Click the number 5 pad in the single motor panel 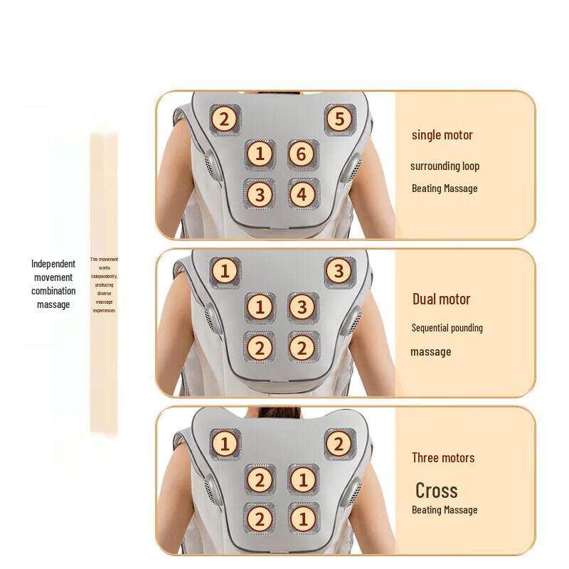tap(339, 119)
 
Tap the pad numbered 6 tap(302, 154)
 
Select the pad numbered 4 tap(302, 193)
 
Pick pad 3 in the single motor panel tap(260, 193)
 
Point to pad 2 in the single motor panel tap(225, 119)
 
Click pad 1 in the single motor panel tap(260, 154)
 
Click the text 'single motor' tap(442, 135)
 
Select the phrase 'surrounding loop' tap(445, 166)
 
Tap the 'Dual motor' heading tap(441, 299)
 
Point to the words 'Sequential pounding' tap(447, 328)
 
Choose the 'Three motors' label tap(442, 457)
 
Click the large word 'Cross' tap(436, 490)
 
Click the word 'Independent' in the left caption tap(53, 264)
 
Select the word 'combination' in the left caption tap(53, 291)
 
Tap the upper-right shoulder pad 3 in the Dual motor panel tap(339, 271)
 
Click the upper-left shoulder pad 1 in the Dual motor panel tap(225, 271)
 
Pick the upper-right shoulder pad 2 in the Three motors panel tap(339, 445)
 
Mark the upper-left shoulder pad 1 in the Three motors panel tap(225, 445)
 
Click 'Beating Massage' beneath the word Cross tap(445, 510)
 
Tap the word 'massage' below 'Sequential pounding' tap(430, 352)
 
